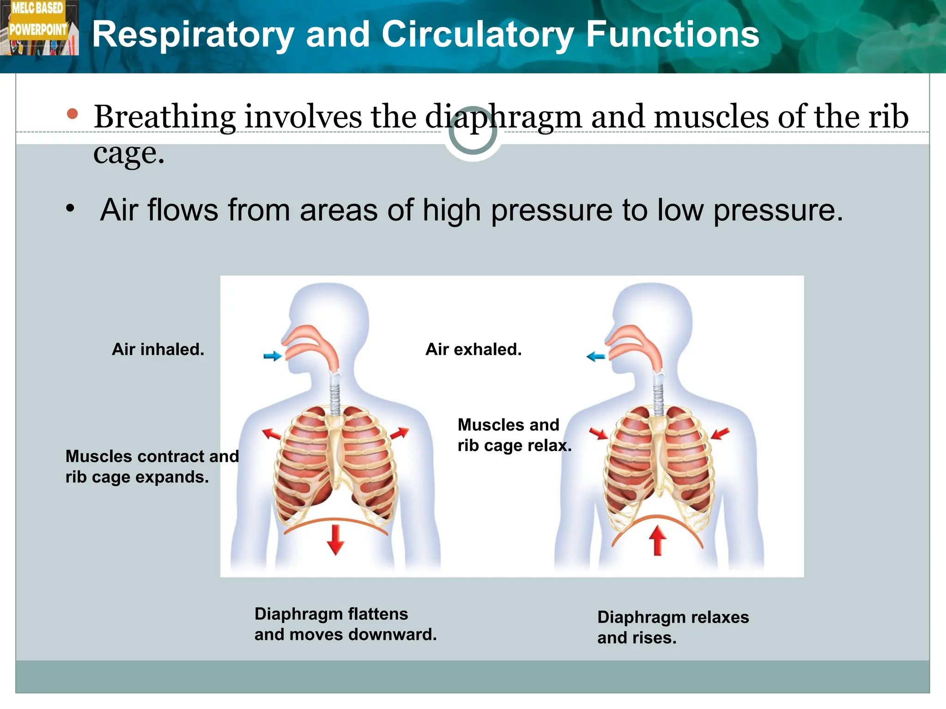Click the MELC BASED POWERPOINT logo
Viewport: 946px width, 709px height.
[39, 28]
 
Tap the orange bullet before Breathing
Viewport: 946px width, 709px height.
[72, 114]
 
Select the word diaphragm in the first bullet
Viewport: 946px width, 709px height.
[503, 118]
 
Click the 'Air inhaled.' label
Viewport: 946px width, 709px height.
[158, 349]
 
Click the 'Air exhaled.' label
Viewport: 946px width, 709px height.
[473, 349]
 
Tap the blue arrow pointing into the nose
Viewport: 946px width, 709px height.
[273, 356]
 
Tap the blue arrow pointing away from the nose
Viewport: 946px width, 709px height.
[595, 356]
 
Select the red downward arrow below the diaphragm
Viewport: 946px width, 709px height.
[335, 540]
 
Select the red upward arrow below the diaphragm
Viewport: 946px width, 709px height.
[657, 541]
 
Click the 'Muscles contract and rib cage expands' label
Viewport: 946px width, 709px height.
[152, 467]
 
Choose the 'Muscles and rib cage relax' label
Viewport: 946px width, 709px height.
[514, 435]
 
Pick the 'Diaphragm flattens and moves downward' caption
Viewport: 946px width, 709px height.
[345, 624]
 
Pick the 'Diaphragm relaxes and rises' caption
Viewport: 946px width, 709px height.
[673, 627]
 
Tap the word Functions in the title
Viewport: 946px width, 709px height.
[673, 35]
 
